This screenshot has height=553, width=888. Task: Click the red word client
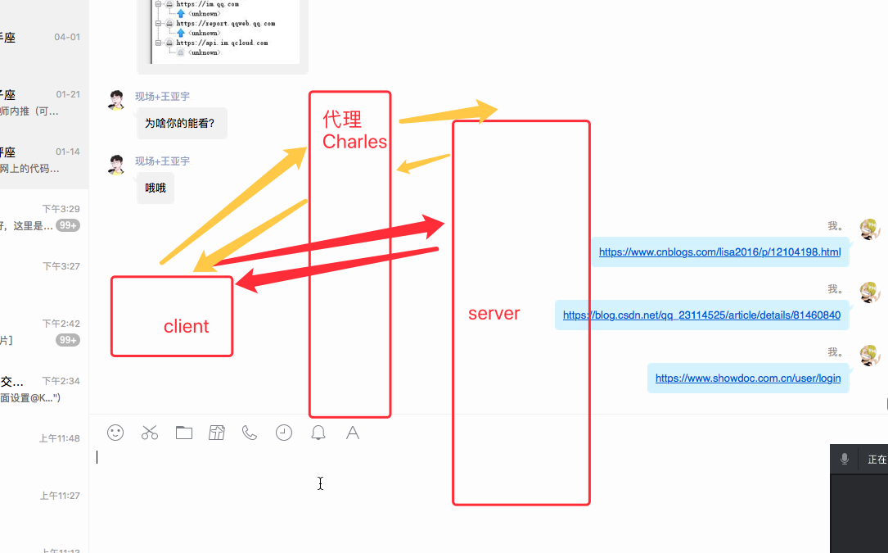point(186,326)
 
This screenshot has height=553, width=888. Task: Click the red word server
point(494,314)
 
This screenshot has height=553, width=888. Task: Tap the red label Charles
point(354,142)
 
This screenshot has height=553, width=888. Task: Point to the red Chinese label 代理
point(342,120)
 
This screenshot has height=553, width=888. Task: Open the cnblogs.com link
point(719,252)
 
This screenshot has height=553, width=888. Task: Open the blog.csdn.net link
point(701,315)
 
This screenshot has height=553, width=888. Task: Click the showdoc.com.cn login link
point(748,378)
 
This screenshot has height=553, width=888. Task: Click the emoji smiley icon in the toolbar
point(115,433)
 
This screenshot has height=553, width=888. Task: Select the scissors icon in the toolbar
point(150,433)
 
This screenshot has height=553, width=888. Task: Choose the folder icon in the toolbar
point(184,433)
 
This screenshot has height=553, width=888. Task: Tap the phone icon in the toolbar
point(250,433)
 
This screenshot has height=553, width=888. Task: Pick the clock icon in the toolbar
point(284,433)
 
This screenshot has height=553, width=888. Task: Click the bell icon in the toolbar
point(318,433)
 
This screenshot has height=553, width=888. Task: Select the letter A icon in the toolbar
point(353,433)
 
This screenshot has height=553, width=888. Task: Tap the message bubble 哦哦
point(156,188)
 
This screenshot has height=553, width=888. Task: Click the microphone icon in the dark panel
point(845,459)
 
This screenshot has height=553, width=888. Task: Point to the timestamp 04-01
point(67,37)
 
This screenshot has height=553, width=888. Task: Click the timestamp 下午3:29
point(61,209)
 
